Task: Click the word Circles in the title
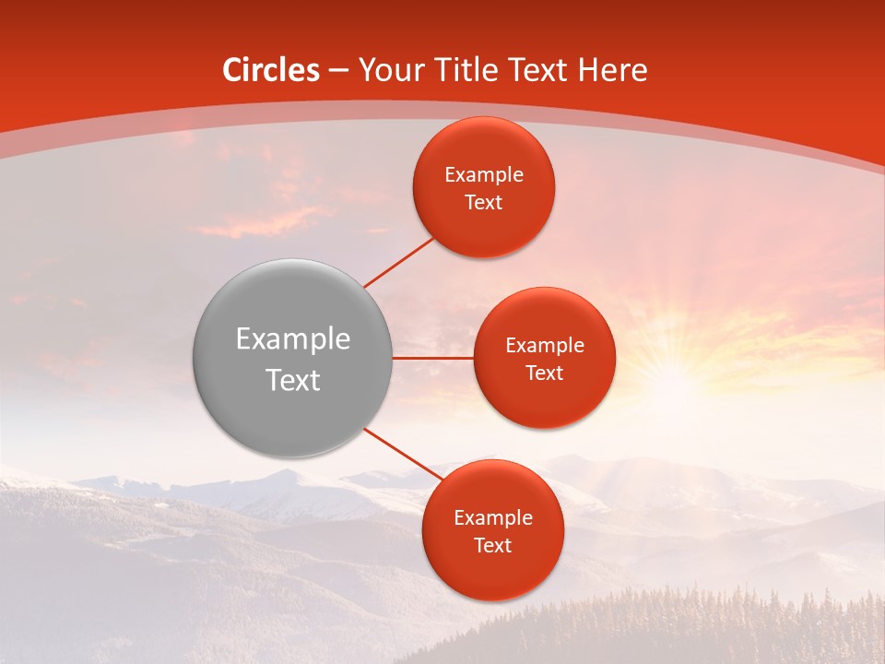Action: pyautogui.click(x=270, y=70)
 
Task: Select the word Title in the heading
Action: pyautogui.click(x=465, y=70)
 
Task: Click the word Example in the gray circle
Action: pyautogui.click(x=293, y=339)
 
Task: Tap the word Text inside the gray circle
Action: pyautogui.click(x=293, y=380)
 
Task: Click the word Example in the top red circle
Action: pyautogui.click(x=484, y=175)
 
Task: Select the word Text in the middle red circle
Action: pyautogui.click(x=544, y=373)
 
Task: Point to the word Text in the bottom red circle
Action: pyautogui.click(x=492, y=546)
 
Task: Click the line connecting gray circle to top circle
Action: pyautogui.click(x=398, y=261)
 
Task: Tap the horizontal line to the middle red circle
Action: pyautogui.click(x=433, y=357)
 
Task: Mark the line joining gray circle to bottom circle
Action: pyautogui.click(x=403, y=454)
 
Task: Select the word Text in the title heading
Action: pyautogui.click(x=539, y=70)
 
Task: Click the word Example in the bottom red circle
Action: pyautogui.click(x=492, y=518)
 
